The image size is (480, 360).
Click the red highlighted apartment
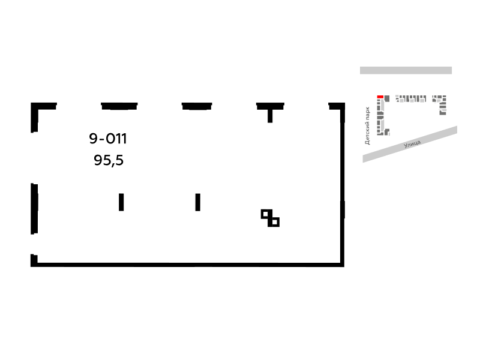tap(380, 97)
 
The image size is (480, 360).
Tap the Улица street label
tap(412, 144)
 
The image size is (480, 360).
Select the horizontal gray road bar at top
tap(406, 70)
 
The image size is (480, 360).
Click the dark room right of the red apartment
tap(387, 98)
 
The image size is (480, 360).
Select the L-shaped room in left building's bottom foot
tap(386, 131)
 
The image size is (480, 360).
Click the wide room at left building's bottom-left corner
tap(380, 134)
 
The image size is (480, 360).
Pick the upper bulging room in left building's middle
tap(380, 113)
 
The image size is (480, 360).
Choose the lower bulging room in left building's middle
tap(380, 117)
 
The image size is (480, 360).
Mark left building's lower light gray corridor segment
tap(382, 125)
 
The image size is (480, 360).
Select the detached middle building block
tap(411, 98)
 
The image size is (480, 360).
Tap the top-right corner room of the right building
tap(445, 97)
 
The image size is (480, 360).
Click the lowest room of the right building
tap(443, 113)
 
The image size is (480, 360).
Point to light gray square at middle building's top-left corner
tap(397, 97)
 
